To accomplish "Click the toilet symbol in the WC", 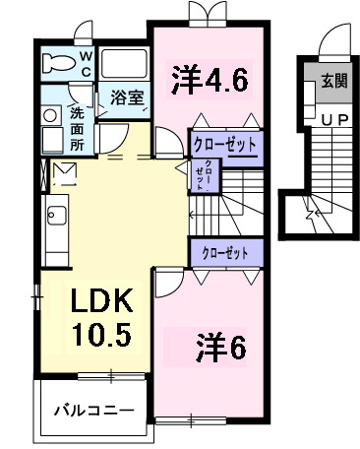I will pyautogui.click(x=61, y=66).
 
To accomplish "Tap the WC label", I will pyautogui.click(x=86, y=64).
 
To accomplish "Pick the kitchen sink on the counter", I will pyautogui.click(x=53, y=216).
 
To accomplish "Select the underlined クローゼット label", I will pyautogui.click(x=226, y=145).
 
